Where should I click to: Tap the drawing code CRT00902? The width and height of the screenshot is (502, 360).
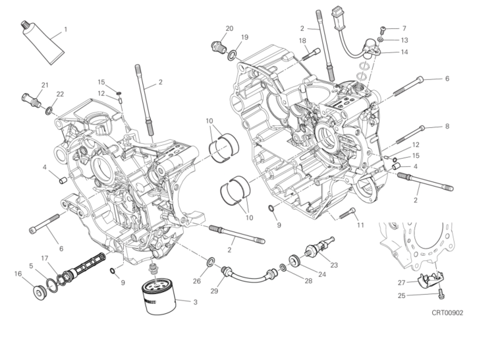pos(447,313)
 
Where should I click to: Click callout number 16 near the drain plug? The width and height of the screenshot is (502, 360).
pos(17,273)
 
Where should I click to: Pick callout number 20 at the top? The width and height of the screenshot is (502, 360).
pos(229,28)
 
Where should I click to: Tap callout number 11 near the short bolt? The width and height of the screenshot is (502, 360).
pos(360,225)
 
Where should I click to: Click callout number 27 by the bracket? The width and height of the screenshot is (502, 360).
pos(402,282)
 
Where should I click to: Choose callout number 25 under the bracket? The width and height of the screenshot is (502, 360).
pos(402,295)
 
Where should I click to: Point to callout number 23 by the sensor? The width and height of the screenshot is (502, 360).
pos(334,265)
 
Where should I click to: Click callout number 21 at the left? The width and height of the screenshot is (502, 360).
pos(45,85)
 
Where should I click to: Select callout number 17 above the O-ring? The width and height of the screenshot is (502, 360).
pos(45,258)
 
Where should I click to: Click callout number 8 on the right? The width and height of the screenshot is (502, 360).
pos(447,126)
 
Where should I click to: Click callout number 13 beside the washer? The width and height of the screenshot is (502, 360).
pos(404,40)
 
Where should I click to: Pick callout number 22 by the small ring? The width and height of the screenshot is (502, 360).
pos(59,94)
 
